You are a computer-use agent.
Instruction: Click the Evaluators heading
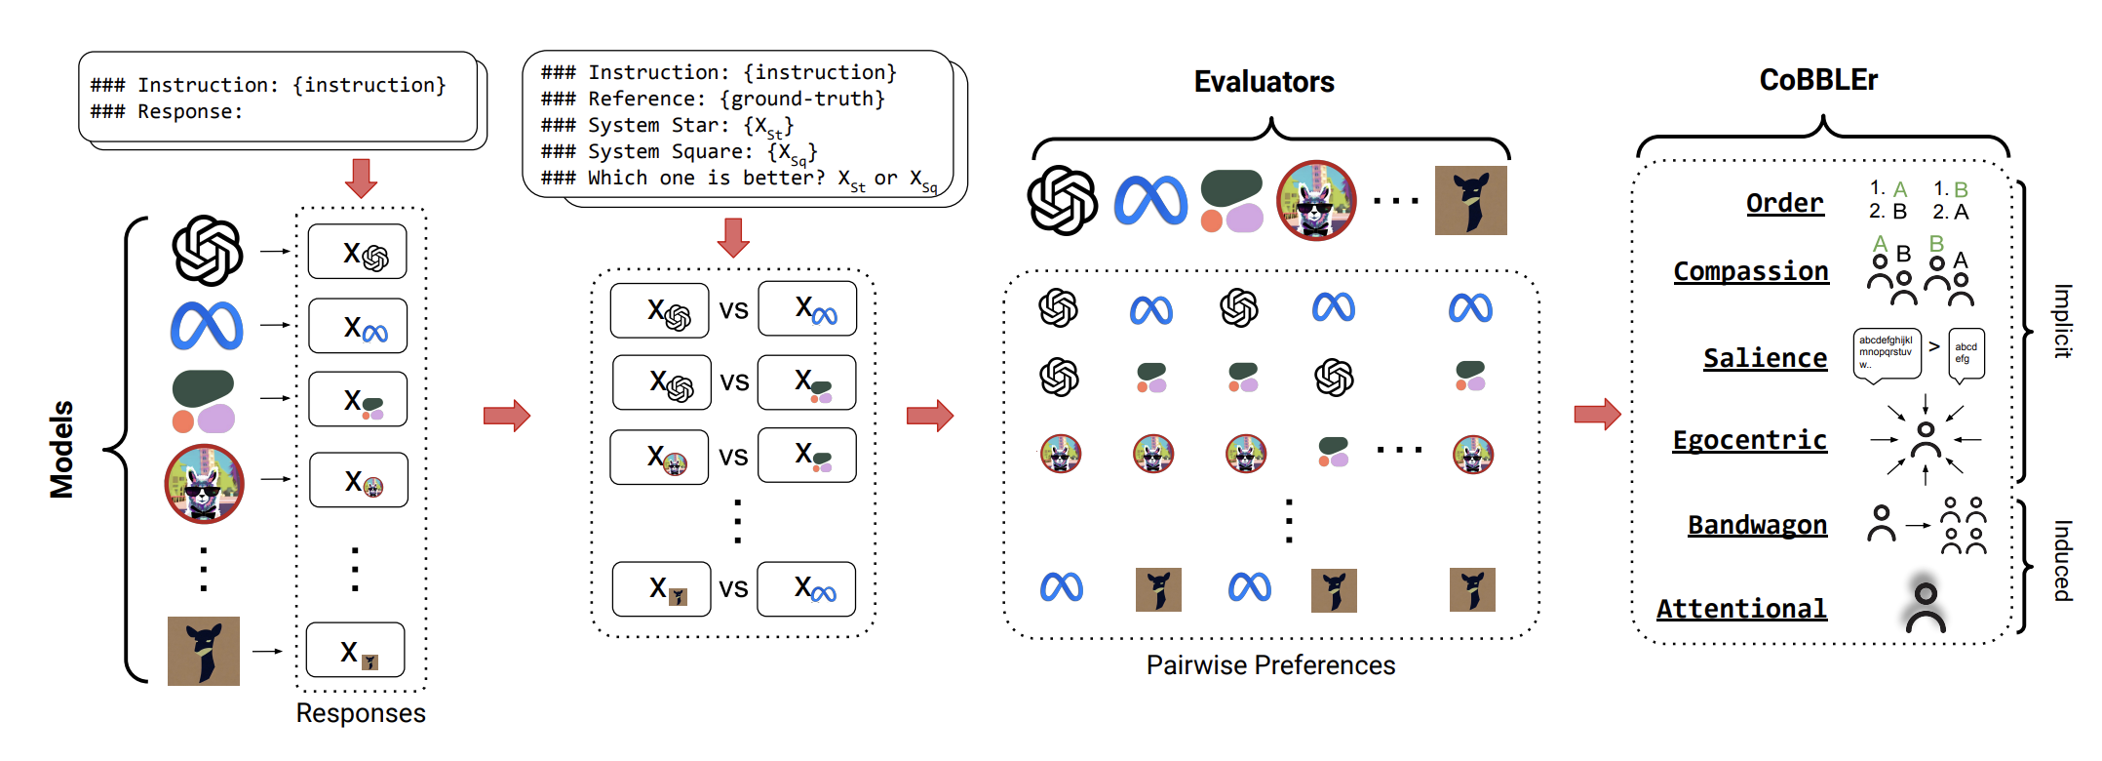pyautogui.click(x=1264, y=82)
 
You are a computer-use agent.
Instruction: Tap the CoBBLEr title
pyautogui.click(x=1818, y=80)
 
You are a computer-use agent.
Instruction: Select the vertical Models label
pyautogui.click(x=61, y=449)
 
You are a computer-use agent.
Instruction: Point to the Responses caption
pyautogui.click(x=361, y=713)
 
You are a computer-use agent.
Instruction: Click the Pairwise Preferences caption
pyautogui.click(x=1270, y=665)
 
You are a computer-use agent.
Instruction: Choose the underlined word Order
pyautogui.click(x=1784, y=203)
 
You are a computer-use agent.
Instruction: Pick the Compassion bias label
pyautogui.click(x=1751, y=271)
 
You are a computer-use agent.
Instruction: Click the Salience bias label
pyautogui.click(x=1765, y=358)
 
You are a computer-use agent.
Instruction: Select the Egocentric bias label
pyautogui.click(x=1750, y=440)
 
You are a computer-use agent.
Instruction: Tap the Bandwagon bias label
pyautogui.click(x=1757, y=525)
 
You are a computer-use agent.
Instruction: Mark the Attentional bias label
pyautogui.click(x=1741, y=609)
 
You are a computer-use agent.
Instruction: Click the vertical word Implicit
pyautogui.click(x=2063, y=321)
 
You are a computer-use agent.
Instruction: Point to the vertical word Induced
pyautogui.click(x=2063, y=560)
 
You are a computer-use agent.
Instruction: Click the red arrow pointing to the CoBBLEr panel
pyautogui.click(x=1597, y=415)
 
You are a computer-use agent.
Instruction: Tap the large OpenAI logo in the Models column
pyautogui.click(x=208, y=251)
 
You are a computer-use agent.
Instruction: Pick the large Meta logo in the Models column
pyautogui.click(x=207, y=325)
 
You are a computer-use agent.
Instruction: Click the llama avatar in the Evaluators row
pyautogui.click(x=1316, y=200)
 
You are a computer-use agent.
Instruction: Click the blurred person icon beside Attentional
pyautogui.click(x=1926, y=605)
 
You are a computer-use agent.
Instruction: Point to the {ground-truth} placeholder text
pyautogui.click(x=802, y=99)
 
